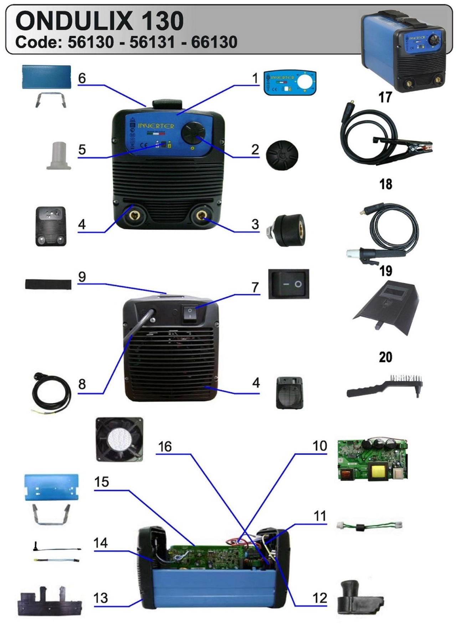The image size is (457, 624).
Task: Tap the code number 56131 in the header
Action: point(152,42)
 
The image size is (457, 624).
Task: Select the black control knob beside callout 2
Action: point(282,155)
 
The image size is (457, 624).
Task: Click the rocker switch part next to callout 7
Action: point(289,284)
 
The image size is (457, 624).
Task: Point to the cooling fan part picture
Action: point(119,439)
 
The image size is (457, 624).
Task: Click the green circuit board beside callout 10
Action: point(373,460)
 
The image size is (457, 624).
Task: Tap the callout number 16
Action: point(165,446)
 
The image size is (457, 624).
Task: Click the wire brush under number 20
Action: point(385,387)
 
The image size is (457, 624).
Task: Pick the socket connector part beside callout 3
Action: point(287,231)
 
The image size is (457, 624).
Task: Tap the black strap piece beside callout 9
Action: point(48,284)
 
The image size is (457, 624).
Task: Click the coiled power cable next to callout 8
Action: point(52,393)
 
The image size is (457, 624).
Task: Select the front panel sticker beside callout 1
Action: point(290,83)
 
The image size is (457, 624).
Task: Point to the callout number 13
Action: point(101,598)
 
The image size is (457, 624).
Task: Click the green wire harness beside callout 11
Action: point(369,525)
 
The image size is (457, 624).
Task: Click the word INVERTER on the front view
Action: point(156,126)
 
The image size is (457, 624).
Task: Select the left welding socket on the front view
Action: point(135,215)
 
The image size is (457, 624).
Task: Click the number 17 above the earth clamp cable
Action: point(385,97)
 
